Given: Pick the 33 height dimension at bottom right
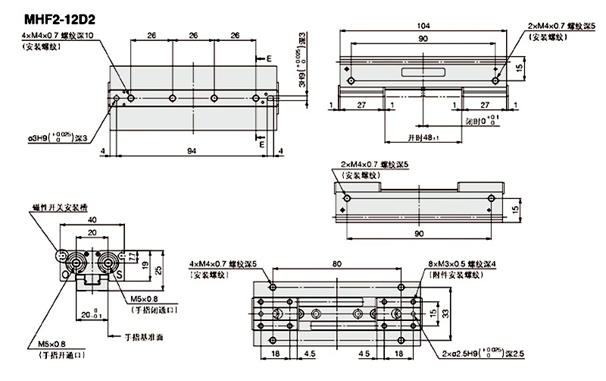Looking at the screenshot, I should point(447,313).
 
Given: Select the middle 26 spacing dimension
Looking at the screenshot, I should point(193,35).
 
